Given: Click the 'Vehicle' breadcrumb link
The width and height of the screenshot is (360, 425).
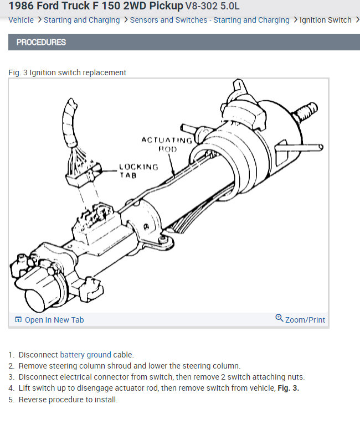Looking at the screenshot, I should (21, 20).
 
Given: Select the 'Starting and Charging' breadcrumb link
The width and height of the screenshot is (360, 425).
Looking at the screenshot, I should (81, 20).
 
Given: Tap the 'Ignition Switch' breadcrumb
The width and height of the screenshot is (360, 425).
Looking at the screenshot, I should (325, 20).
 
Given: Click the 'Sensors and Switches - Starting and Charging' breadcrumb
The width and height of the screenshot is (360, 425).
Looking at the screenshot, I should (209, 20).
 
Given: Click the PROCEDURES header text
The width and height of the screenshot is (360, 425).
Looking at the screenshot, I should (41, 42).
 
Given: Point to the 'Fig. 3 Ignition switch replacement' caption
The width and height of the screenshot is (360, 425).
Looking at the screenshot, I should (68, 72).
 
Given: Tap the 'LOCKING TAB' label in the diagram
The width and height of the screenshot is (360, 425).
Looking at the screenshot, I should (138, 170).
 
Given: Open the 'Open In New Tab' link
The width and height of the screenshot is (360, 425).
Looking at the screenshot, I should (54, 320).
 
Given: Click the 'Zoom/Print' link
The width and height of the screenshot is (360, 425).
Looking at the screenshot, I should (305, 320).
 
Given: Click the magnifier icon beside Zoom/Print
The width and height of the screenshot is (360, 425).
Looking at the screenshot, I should (279, 318).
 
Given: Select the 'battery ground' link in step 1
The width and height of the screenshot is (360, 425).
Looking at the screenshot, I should (85, 355).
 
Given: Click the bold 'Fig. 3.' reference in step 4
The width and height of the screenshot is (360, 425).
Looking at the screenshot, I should (288, 388).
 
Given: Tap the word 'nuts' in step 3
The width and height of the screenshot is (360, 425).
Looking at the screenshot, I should (295, 377).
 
